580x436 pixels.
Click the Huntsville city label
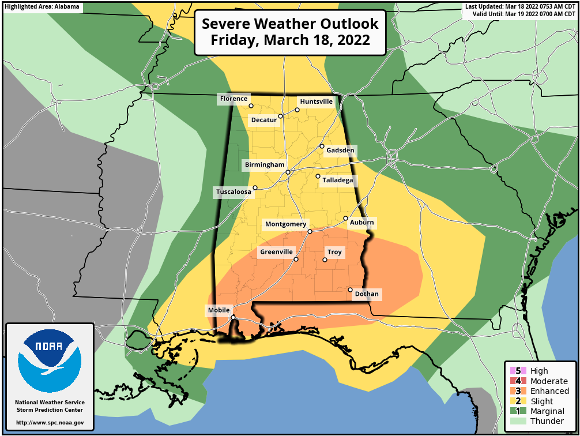pos(317,102)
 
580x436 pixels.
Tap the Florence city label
pos(233,99)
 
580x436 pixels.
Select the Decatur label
pos(264,120)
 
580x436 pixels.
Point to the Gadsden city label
pos(340,151)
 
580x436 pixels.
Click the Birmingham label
pos(265,165)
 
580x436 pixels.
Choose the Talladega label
pos(337,181)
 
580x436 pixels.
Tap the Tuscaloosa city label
pos(233,191)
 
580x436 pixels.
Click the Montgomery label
pos(286,224)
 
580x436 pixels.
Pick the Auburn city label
pos(361,223)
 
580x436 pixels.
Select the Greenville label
pos(277,252)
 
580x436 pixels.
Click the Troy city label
pos(334,253)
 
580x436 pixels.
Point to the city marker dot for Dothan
pos(350,290)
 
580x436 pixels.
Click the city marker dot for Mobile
pos(233,317)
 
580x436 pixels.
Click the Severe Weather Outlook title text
pos(290,32)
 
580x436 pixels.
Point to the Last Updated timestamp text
pos(521,7)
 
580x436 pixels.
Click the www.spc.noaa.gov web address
pos(50,423)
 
